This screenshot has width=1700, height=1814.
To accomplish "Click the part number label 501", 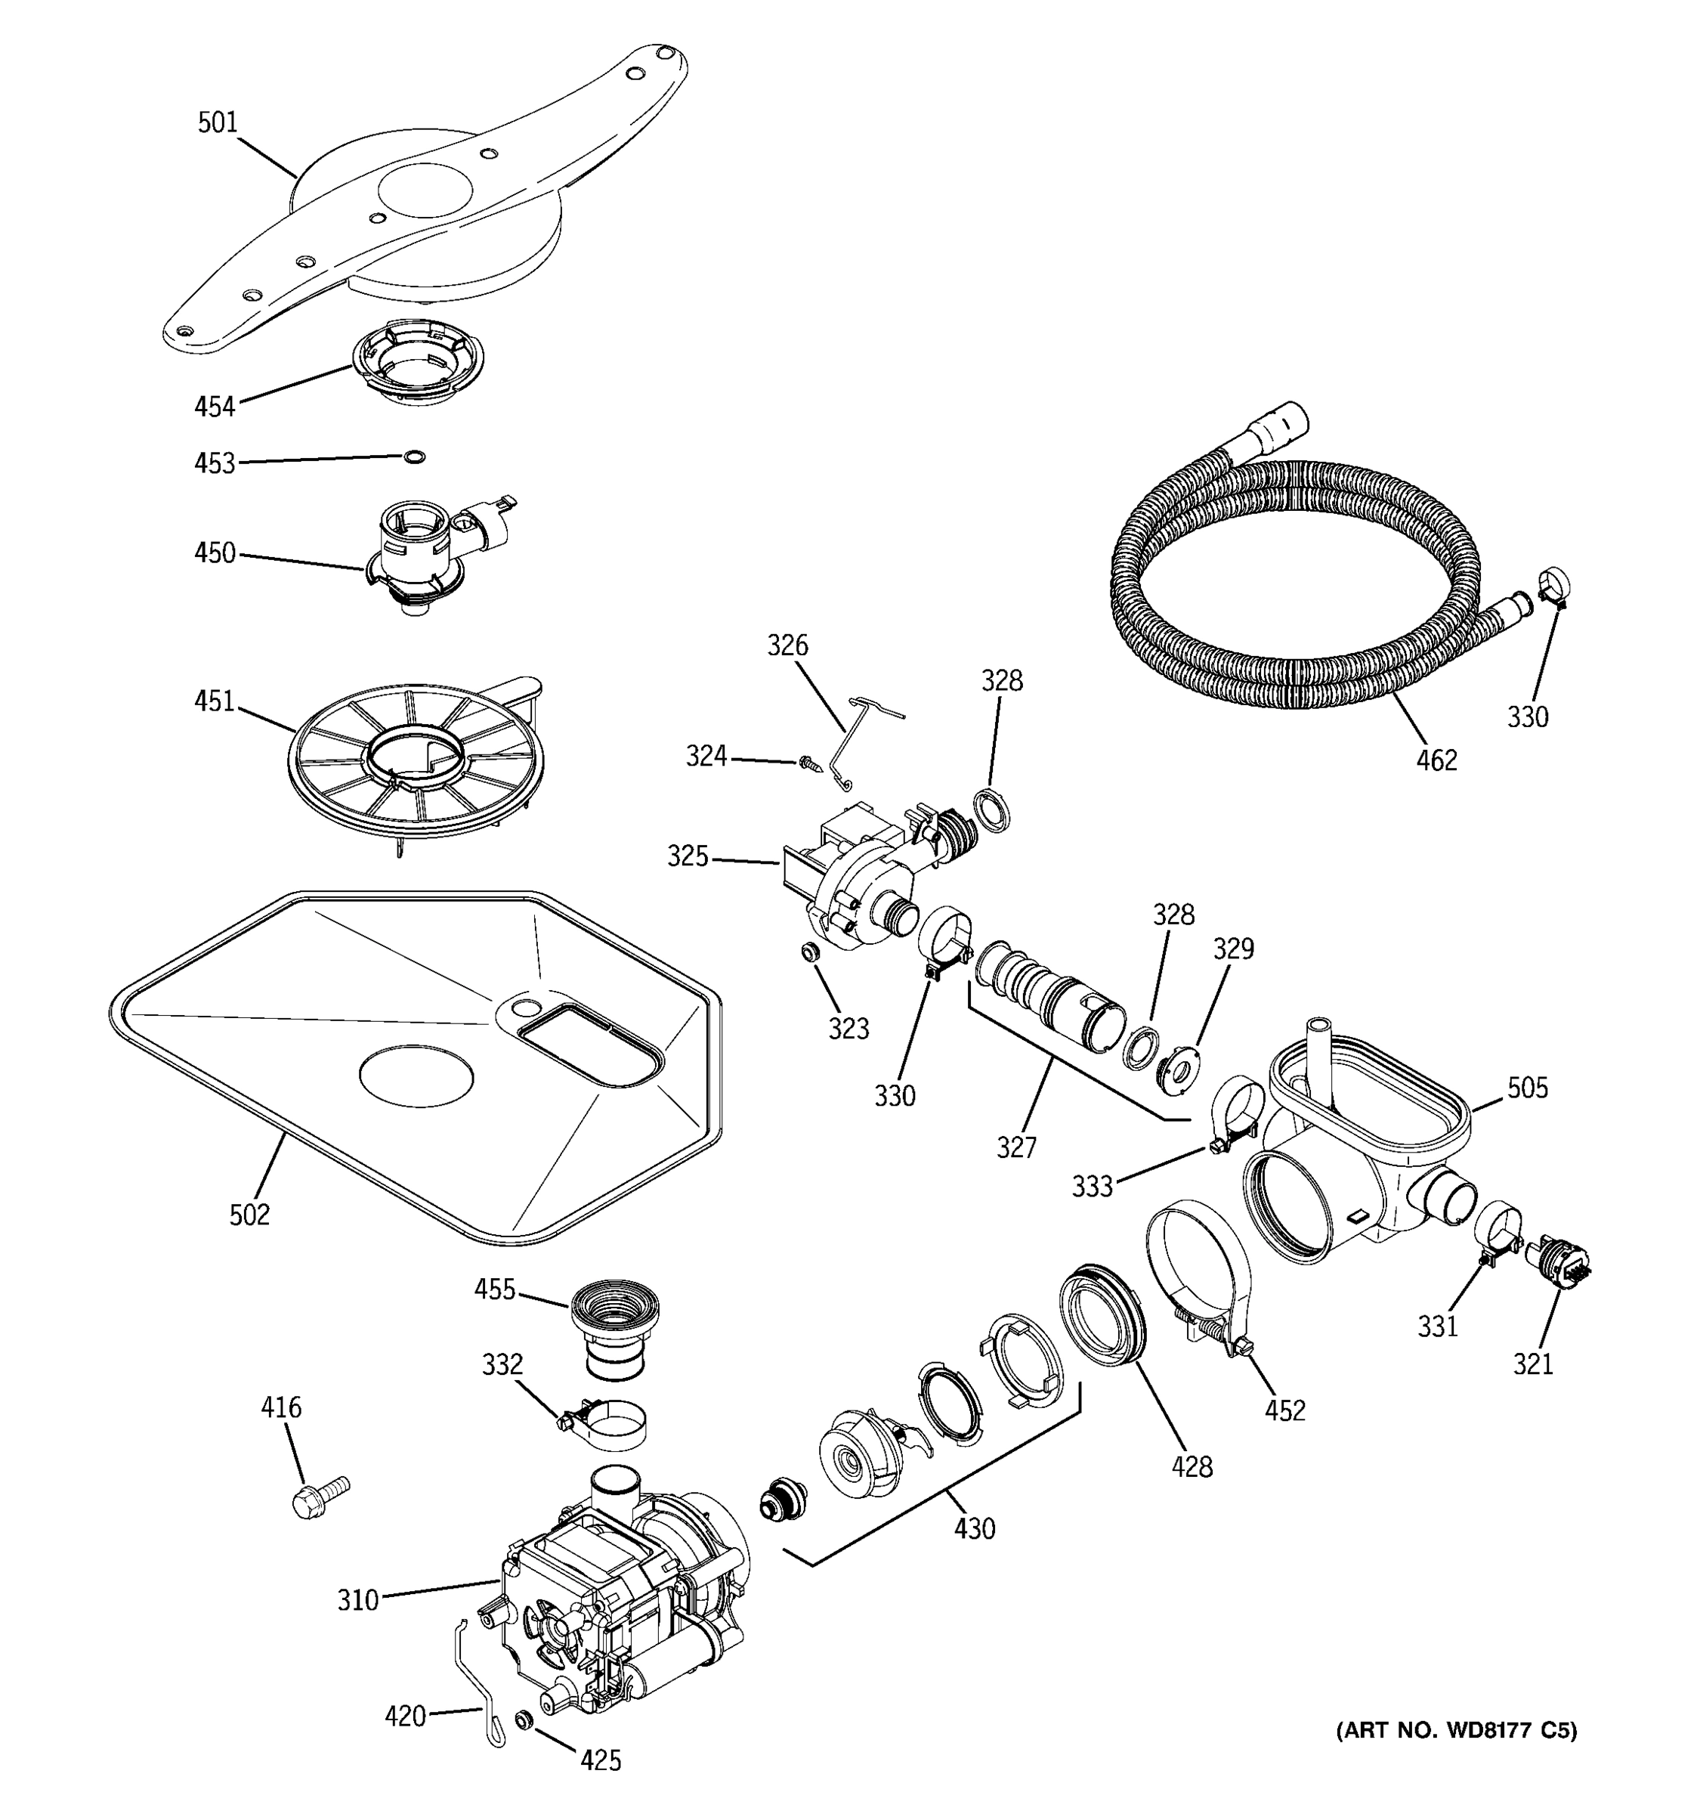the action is pyautogui.click(x=217, y=123).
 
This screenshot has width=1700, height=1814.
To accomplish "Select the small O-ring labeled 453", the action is pyautogui.click(x=414, y=457).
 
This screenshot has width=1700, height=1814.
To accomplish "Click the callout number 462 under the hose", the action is pyautogui.click(x=1436, y=760).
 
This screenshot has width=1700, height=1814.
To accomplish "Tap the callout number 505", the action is pyautogui.click(x=1527, y=1088).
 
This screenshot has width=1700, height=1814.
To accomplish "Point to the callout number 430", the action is pyautogui.click(x=974, y=1528).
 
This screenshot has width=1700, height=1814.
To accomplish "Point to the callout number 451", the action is pyautogui.click(x=215, y=701).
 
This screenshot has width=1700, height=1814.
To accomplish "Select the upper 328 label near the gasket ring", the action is pyautogui.click(x=1001, y=681).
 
